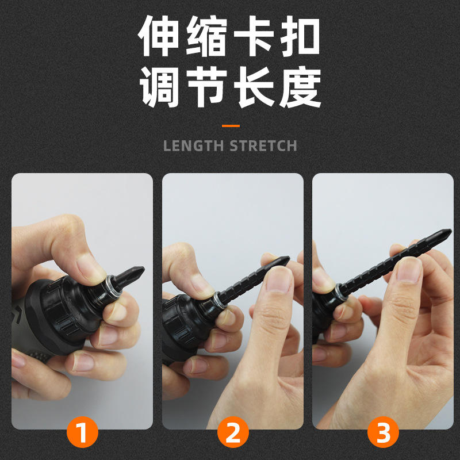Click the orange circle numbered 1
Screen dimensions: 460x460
(x=82, y=432)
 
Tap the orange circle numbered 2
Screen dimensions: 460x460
(x=233, y=432)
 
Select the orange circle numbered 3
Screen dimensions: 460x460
(x=383, y=432)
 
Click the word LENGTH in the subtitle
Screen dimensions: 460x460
(x=193, y=146)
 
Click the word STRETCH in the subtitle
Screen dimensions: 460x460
(x=263, y=146)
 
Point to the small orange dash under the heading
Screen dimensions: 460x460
(x=231, y=126)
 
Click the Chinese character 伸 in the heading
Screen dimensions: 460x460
(x=159, y=36)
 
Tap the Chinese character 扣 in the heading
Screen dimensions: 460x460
(x=300, y=36)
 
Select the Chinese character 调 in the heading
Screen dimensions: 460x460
(x=159, y=87)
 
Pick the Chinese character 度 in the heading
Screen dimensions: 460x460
(x=300, y=87)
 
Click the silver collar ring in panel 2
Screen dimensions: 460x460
(x=220, y=300)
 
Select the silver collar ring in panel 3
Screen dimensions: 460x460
(x=340, y=292)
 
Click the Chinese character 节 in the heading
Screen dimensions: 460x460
(x=206, y=87)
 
